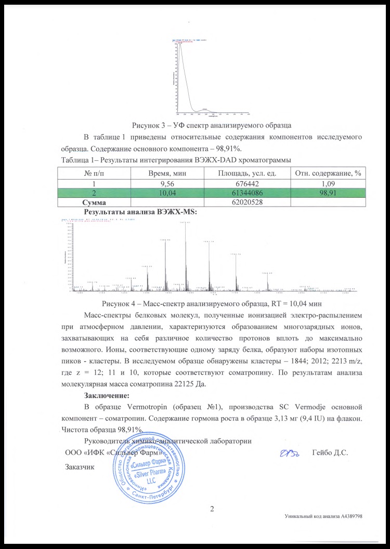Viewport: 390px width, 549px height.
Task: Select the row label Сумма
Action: [95, 201]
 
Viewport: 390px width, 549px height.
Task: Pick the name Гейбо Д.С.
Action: [330, 452]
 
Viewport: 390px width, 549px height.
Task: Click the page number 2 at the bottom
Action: [212, 508]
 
